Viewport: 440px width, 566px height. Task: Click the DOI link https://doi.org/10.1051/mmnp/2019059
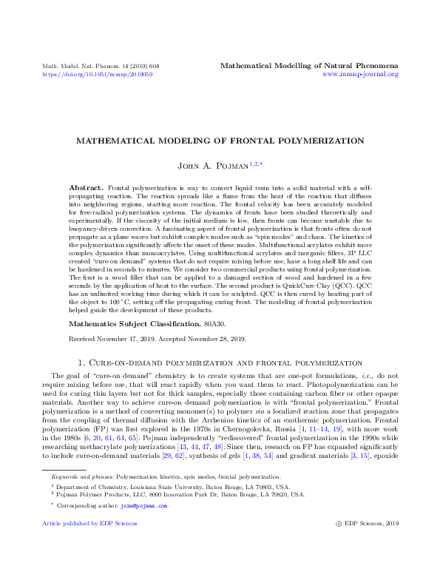click(x=97, y=74)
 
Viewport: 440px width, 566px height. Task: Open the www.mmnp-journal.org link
click(x=361, y=74)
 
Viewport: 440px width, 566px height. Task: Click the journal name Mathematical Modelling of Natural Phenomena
click(x=309, y=66)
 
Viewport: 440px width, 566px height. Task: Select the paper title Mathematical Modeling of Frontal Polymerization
click(x=220, y=141)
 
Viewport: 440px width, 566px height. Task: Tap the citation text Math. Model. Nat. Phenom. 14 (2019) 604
click(x=101, y=66)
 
